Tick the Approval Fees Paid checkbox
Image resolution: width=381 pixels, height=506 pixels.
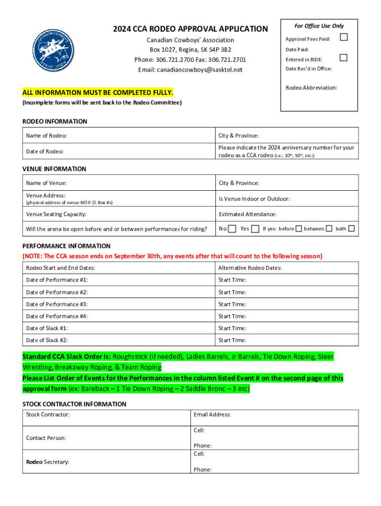click(x=344, y=38)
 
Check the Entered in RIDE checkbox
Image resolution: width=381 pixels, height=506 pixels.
click(x=344, y=58)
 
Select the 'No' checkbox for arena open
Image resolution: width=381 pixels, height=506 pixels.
click(x=232, y=229)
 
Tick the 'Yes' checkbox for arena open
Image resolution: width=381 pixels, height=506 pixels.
click(x=255, y=229)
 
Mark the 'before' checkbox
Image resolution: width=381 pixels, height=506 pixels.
click(x=298, y=229)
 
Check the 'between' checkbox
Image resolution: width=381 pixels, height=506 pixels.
click(x=330, y=229)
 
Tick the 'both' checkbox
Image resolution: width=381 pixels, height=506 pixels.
click(x=351, y=229)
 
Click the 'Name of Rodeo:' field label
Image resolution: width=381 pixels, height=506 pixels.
click(x=47, y=135)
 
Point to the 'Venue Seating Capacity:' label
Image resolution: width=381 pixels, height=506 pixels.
click(x=56, y=214)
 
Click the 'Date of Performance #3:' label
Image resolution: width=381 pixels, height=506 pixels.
click(x=57, y=304)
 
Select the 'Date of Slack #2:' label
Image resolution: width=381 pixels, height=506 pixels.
click(x=47, y=340)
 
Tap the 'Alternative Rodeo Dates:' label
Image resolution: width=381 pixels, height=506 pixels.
click(x=250, y=268)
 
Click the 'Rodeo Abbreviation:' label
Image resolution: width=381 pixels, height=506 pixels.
click(x=311, y=87)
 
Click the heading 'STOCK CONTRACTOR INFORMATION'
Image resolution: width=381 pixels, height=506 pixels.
click(x=74, y=404)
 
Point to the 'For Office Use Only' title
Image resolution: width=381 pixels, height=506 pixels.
click(x=319, y=26)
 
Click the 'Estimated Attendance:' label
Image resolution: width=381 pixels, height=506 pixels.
click(x=247, y=214)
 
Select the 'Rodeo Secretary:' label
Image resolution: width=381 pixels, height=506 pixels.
click(x=48, y=462)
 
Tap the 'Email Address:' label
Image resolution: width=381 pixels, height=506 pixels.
click(x=212, y=415)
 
